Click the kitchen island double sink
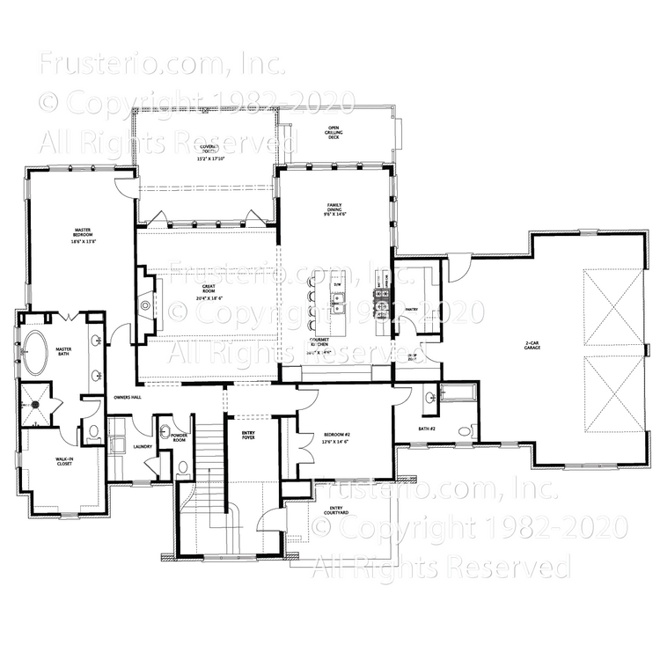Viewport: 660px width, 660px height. tap(338, 304)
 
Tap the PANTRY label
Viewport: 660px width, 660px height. tap(409, 310)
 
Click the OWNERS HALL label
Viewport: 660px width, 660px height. tap(128, 398)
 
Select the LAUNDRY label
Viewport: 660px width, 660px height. tap(143, 446)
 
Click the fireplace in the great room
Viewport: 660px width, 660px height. tap(146, 297)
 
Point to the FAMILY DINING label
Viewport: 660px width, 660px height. tap(334, 208)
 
